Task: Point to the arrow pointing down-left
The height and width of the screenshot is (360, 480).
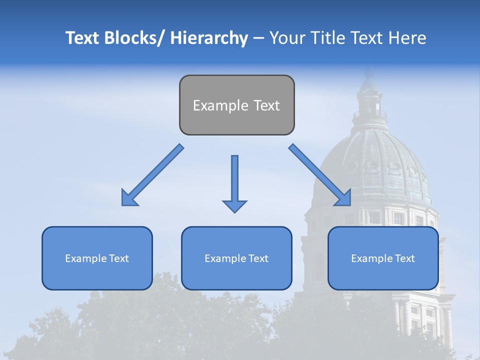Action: coord(152,175)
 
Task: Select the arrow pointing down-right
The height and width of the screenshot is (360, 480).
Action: coord(320,175)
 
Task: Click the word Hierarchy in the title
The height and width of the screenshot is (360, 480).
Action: coord(209,38)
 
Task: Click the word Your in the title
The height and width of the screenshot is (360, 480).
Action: coord(287,38)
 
